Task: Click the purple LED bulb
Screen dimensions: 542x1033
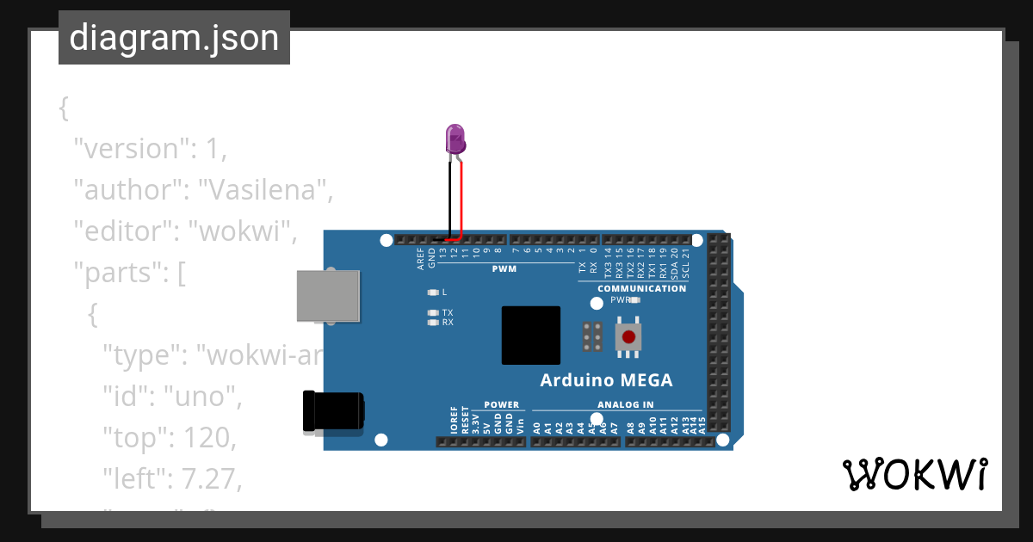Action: pyautogui.click(x=455, y=139)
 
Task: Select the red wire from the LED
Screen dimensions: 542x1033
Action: pyautogui.click(x=462, y=198)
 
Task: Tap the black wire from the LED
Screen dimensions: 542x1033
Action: pyautogui.click(x=448, y=198)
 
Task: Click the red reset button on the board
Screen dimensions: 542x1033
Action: pyautogui.click(x=629, y=336)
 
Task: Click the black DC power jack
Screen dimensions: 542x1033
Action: pyautogui.click(x=332, y=411)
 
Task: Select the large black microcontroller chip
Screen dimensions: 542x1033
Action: pyautogui.click(x=530, y=336)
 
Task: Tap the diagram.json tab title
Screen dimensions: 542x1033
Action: pyautogui.click(x=174, y=38)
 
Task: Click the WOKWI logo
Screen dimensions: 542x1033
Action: pyautogui.click(x=913, y=475)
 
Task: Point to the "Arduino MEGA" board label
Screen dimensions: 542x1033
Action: pyautogui.click(x=606, y=380)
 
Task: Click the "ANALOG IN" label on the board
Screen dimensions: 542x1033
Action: pyautogui.click(x=625, y=404)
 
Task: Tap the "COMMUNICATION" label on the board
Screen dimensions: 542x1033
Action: pyautogui.click(x=641, y=288)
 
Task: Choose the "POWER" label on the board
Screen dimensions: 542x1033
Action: pyautogui.click(x=501, y=404)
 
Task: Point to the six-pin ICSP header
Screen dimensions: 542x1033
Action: pyautogui.click(x=591, y=337)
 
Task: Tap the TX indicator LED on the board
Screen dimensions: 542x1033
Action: pyautogui.click(x=433, y=313)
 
